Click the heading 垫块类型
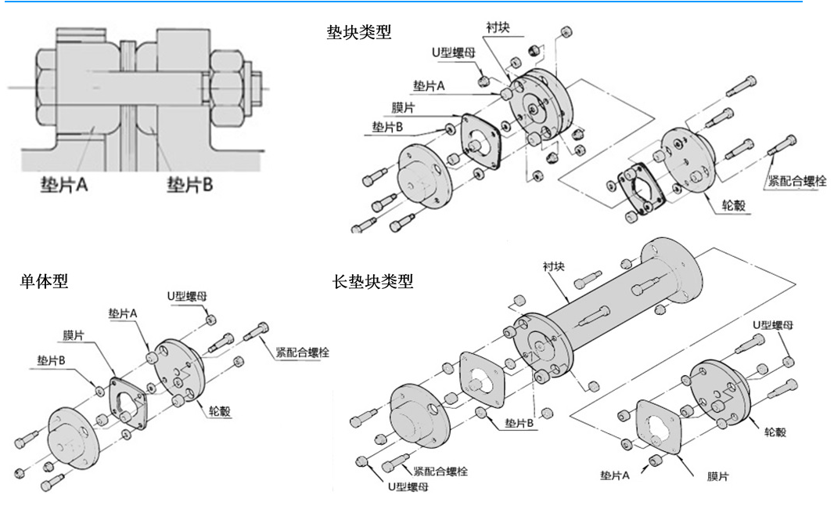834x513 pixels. (359, 32)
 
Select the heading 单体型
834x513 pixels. (45, 281)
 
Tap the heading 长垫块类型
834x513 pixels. (373, 281)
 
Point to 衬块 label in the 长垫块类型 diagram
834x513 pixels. (554, 266)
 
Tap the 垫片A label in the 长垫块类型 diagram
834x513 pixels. (616, 475)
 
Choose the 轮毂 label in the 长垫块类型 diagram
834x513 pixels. (775, 432)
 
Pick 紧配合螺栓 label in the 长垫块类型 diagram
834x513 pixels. (440, 471)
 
